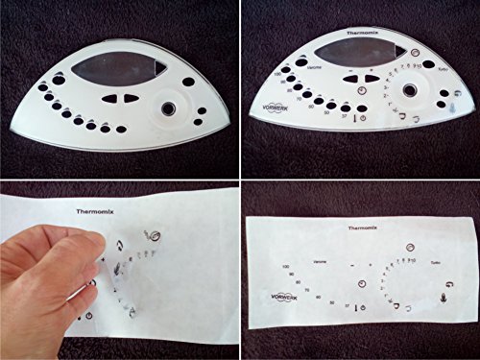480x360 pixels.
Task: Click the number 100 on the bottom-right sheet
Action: coord(286,266)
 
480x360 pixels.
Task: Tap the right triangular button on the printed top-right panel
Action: coord(369,80)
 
